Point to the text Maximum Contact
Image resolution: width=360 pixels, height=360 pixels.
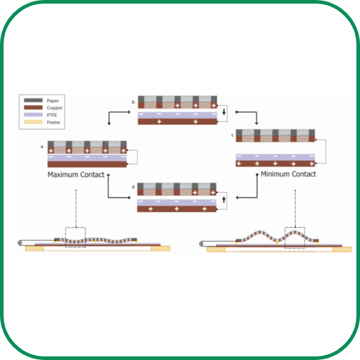point(76,175)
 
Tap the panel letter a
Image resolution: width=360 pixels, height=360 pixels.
point(41,146)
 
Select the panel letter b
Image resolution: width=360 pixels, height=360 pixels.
point(133,103)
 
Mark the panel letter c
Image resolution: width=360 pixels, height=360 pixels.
point(232,136)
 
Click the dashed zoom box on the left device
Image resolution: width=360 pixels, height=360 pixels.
point(76,238)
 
